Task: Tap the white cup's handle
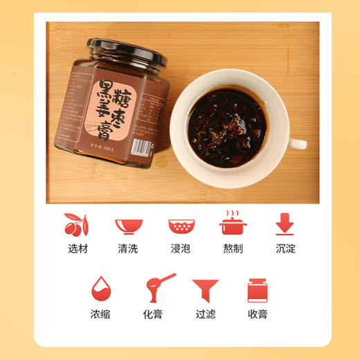(x=297, y=144)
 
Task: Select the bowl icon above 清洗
(x=129, y=225)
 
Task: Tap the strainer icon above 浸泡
(x=181, y=226)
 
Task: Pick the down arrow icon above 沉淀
(x=284, y=224)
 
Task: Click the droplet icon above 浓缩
(x=103, y=290)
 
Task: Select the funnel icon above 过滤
(x=206, y=290)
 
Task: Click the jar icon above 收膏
(x=258, y=290)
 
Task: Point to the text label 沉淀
(x=284, y=248)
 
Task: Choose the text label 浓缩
(x=104, y=314)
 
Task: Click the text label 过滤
(x=206, y=314)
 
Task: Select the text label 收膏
(x=257, y=314)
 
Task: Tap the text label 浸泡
(x=181, y=248)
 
